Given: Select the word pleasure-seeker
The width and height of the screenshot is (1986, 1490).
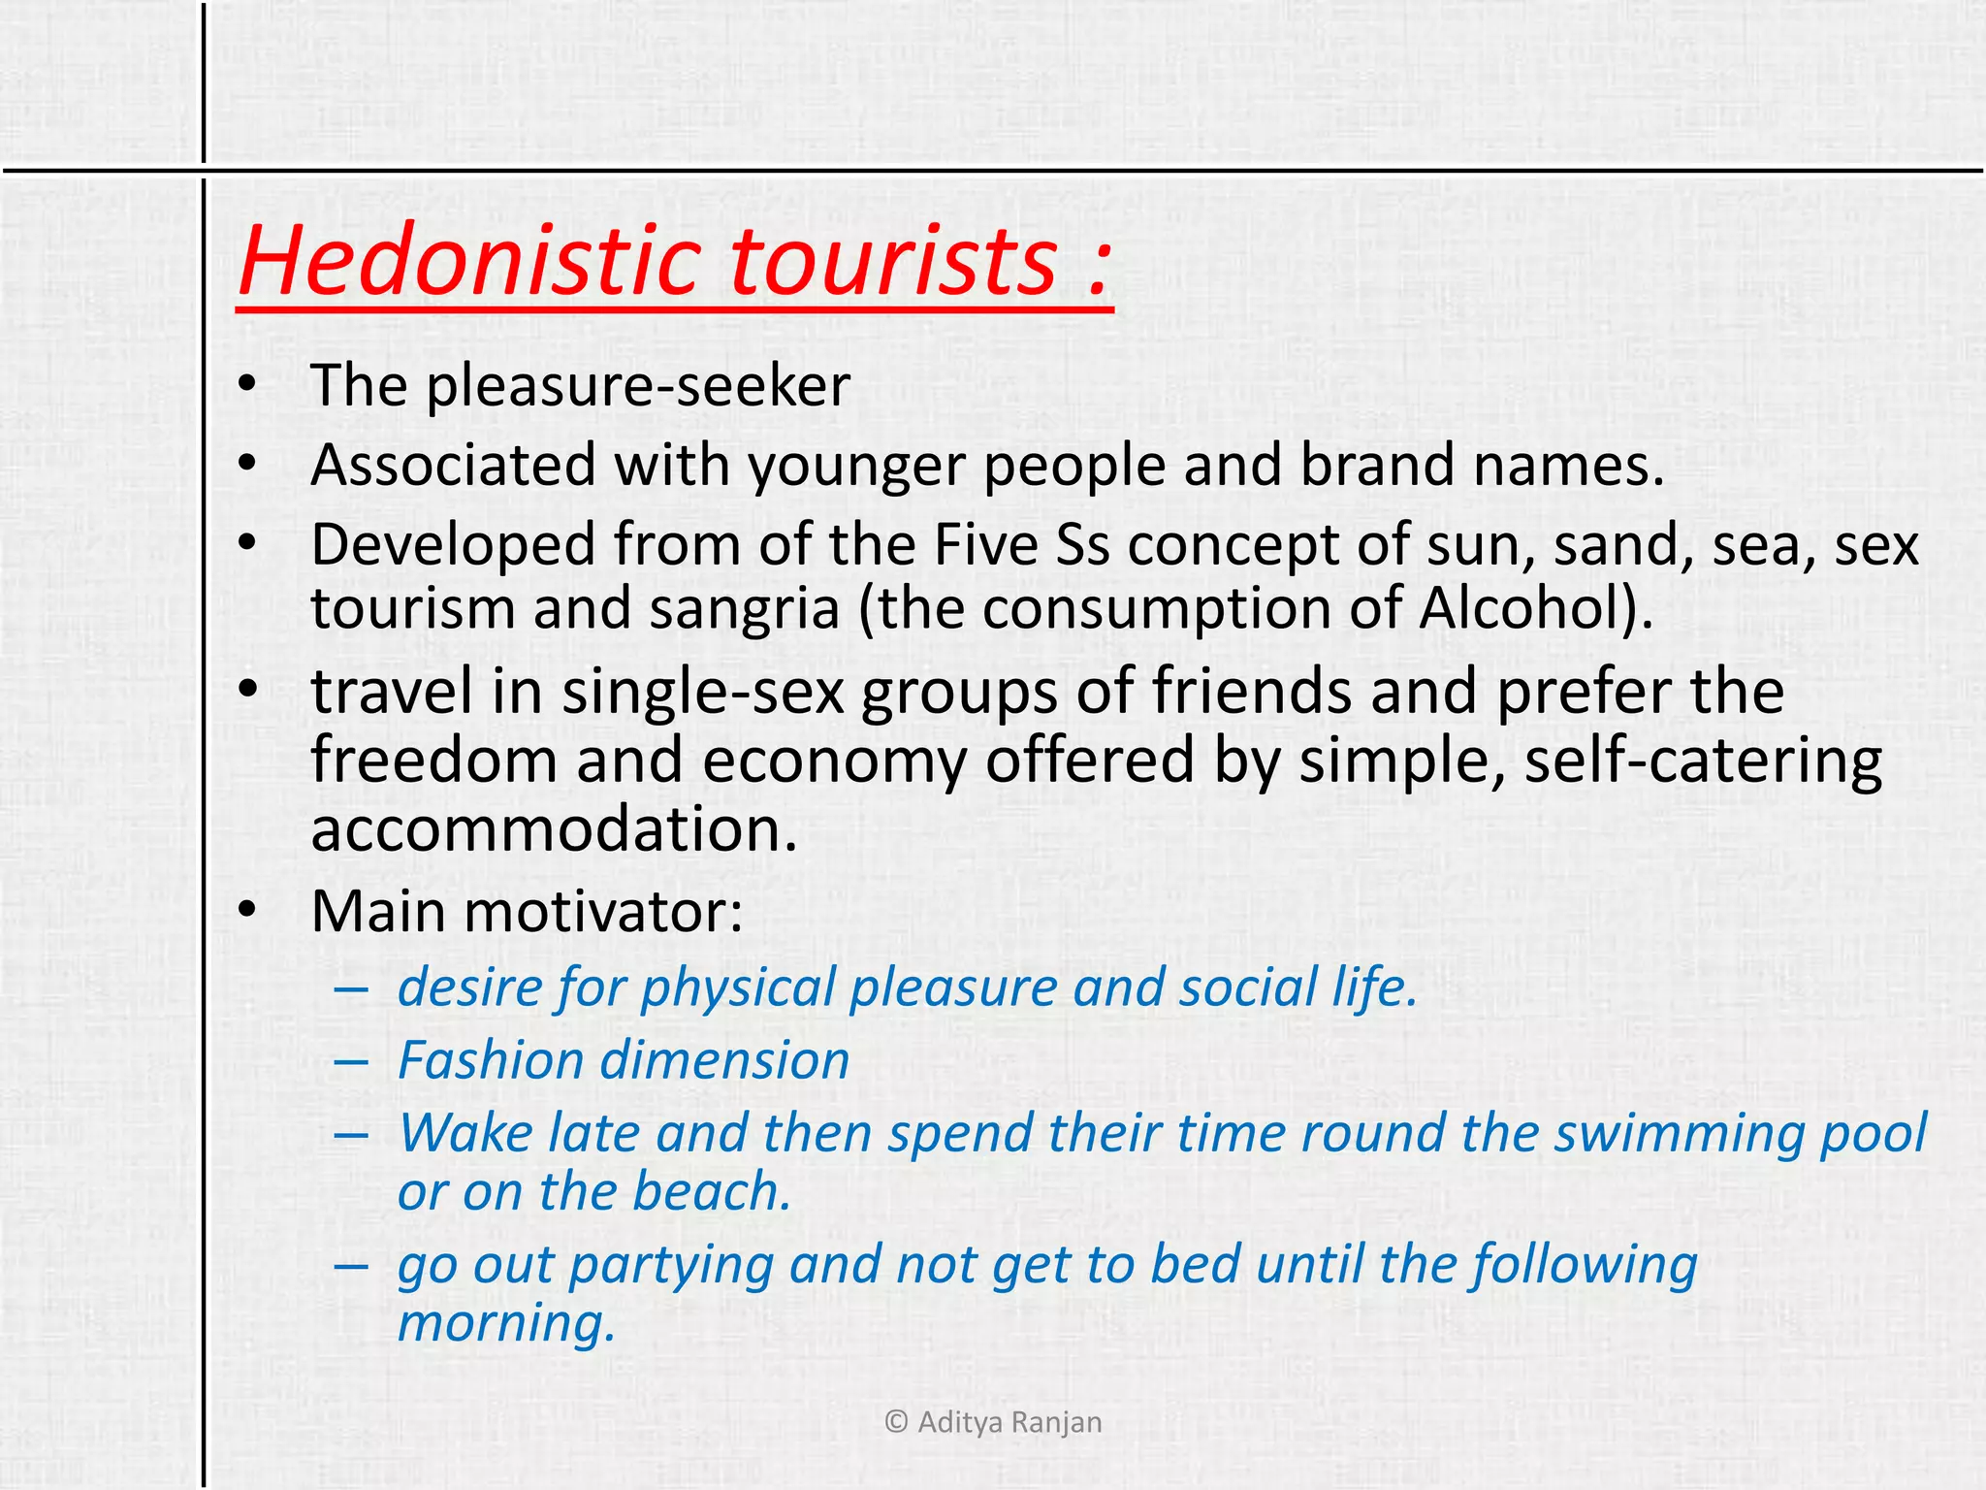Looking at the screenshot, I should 638,387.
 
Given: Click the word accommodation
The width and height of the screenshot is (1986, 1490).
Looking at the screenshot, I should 554,830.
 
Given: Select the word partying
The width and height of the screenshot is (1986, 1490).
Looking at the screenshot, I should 671,1267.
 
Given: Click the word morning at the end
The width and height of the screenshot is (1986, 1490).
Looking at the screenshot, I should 505,1324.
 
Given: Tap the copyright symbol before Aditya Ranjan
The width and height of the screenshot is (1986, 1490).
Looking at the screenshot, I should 897,1423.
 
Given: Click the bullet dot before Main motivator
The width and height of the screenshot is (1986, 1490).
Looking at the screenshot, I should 248,910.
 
